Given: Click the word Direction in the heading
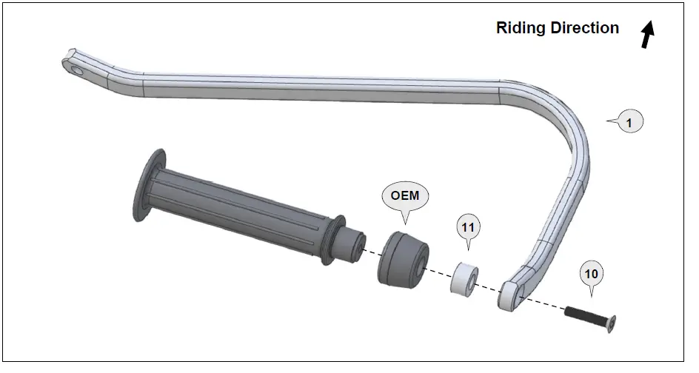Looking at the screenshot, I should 584,28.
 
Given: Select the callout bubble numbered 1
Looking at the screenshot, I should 629,123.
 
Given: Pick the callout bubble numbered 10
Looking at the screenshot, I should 591,274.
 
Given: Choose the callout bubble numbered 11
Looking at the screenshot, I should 467,228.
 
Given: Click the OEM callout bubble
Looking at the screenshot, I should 405,196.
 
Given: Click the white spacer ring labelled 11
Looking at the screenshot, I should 464,278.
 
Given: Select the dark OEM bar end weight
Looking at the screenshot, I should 401,258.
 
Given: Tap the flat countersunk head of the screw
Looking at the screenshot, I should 612,323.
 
